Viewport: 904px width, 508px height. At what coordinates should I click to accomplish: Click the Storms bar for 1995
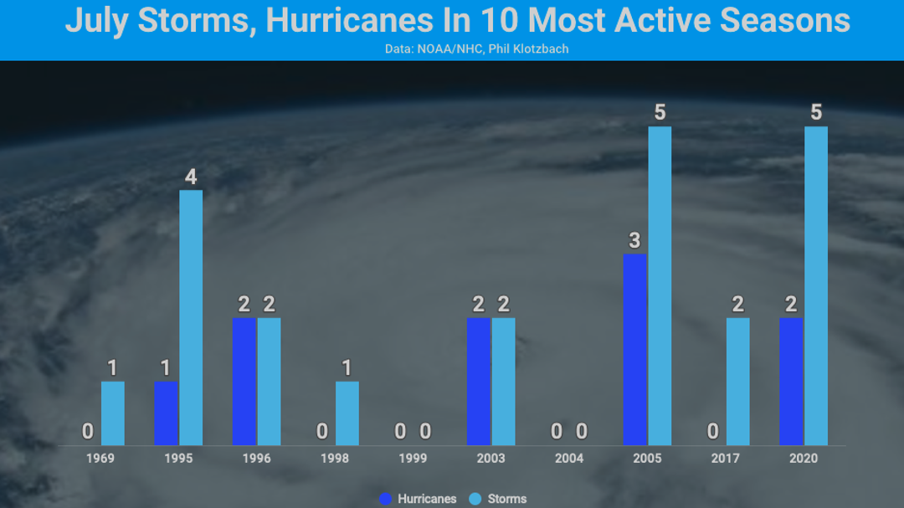(191, 318)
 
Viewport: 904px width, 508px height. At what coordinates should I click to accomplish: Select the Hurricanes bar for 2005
(634, 349)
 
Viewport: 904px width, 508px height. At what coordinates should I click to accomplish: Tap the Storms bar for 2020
(816, 285)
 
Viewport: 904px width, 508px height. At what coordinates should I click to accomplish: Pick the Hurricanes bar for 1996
(244, 381)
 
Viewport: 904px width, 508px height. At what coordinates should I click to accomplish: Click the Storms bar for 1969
(113, 413)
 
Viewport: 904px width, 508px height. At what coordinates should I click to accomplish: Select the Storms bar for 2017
(738, 381)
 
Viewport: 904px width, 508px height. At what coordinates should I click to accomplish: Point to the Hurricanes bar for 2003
(478, 381)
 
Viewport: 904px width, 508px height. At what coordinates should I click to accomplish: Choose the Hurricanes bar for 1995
(166, 413)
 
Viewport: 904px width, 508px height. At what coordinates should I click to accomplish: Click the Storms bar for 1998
(347, 413)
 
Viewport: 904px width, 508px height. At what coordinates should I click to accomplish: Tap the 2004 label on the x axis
(569, 459)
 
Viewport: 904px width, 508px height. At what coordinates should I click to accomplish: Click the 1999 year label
(413, 459)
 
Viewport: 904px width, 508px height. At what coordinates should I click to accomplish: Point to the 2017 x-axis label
(726, 459)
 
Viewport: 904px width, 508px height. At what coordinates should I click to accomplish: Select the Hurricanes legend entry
(418, 499)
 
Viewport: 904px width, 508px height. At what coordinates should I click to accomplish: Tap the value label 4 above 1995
(191, 177)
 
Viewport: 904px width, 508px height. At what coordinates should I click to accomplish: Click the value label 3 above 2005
(634, 241)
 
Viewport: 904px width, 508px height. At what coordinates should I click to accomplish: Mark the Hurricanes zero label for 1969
(88, 432)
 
